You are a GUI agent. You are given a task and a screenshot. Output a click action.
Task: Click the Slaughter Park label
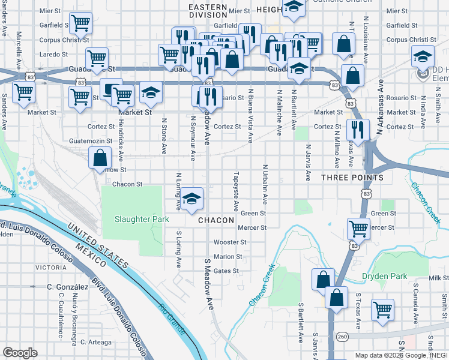coord(142,220)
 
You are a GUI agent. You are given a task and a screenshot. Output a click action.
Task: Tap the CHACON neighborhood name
coord(216,220)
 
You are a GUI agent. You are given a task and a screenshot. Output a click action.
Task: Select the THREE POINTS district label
coord(352,178)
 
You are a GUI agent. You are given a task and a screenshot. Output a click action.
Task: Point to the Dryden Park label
coord(384,277)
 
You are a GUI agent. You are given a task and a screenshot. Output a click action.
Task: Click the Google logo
coord(20,352)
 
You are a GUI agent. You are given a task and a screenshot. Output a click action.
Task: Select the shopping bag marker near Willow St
coord(100,159)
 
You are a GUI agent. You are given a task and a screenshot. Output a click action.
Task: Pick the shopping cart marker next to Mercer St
coord(358,229)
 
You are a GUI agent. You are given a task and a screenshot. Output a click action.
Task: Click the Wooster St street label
coord(231,242)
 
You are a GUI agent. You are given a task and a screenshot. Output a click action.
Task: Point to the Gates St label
coord(226,271)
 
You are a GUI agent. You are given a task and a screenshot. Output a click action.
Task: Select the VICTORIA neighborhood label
coord(51,267)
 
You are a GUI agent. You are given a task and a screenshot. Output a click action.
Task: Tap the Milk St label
coord(439,278)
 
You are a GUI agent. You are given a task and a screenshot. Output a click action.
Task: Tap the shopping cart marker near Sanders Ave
coord(23,94)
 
